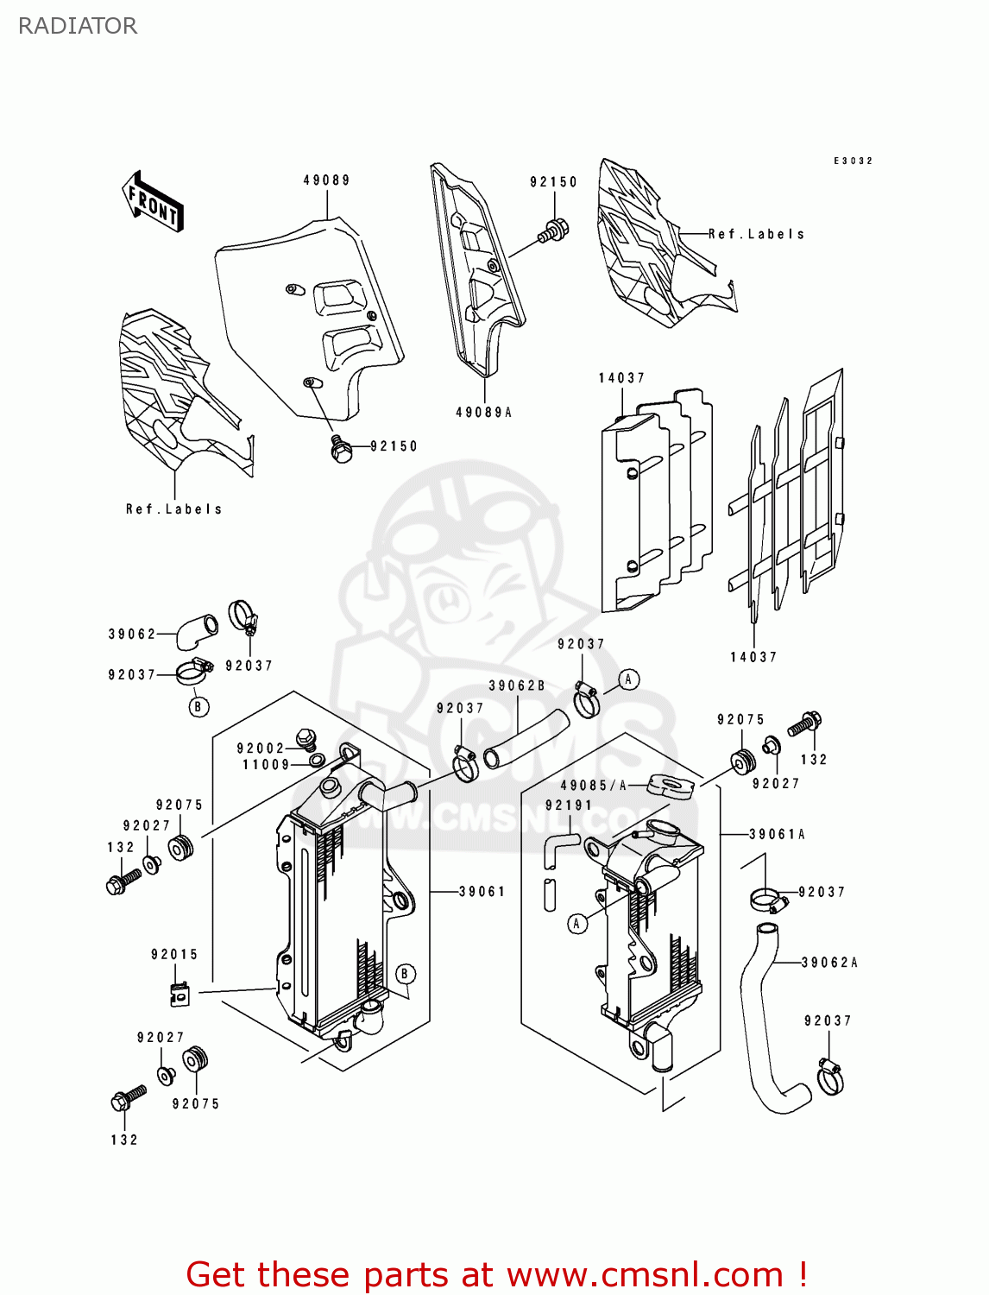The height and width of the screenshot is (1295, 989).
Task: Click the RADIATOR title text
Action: (78, 26)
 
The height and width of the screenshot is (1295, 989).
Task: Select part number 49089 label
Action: (326, 180)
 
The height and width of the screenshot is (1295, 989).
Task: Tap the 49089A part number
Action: (483, 413)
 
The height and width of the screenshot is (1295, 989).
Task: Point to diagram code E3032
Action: (853, 161)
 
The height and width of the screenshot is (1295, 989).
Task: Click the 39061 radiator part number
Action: (482, 891)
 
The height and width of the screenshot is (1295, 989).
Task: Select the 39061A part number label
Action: (777, 834)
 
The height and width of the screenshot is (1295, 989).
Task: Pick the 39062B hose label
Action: (517, 685)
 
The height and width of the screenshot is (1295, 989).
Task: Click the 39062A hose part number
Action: (829, 962)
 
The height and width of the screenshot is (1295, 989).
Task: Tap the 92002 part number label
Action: (261, 749)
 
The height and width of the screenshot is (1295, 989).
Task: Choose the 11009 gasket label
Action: (266, 764)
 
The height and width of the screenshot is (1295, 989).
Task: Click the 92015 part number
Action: (174, 954)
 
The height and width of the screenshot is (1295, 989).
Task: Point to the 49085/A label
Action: (594, 786)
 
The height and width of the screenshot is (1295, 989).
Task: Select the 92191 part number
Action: (569, 805)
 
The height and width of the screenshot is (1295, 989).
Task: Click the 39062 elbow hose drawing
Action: (196, 630)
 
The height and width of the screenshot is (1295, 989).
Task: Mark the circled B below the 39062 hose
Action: (198, 707)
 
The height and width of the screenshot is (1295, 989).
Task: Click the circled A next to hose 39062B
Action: (628, 679)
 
